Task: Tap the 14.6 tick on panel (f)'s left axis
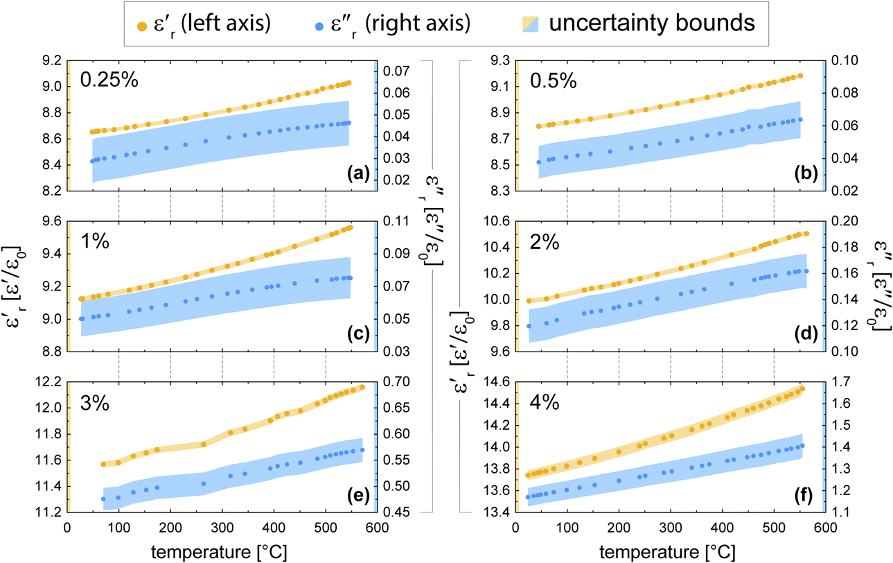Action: pos(495,381)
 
